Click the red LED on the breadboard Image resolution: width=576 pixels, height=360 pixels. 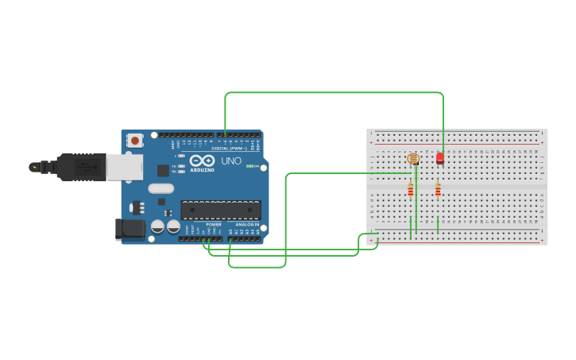click(x=440, y=158)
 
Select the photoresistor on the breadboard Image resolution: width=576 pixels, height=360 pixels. click(x=412, y=159)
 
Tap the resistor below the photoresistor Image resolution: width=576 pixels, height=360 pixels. click(x=411, y=190)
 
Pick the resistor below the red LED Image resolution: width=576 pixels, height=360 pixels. click(x=438, y=190)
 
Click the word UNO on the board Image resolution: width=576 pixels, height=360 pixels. click(x=231, y=161)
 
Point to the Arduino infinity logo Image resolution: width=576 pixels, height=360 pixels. click(x=202, y=161)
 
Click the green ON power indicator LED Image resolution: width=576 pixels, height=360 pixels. click(x=249, y=166)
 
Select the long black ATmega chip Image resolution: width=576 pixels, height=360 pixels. click(x=221, y=210)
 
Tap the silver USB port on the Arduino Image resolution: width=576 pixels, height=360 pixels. click(x=124, y=167)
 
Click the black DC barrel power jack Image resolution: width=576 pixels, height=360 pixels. click(x=130, y=229)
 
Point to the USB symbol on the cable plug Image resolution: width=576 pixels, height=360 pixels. click(x=82, y=167)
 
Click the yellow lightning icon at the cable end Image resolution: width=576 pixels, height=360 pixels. click(x=34, y=167)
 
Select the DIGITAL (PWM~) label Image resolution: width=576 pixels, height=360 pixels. click(x=230, y=148)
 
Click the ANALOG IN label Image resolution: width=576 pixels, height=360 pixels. click(x=246, y=225)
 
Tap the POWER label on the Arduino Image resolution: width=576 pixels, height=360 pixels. click(x=214, y=225)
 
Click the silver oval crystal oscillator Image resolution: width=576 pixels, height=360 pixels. click(x=160, y=189)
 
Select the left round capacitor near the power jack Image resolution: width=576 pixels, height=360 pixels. click(x=157, y=226)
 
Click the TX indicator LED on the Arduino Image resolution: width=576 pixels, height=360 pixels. click(x=182, y=165)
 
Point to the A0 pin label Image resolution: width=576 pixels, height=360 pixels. click(x=230, y=231)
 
